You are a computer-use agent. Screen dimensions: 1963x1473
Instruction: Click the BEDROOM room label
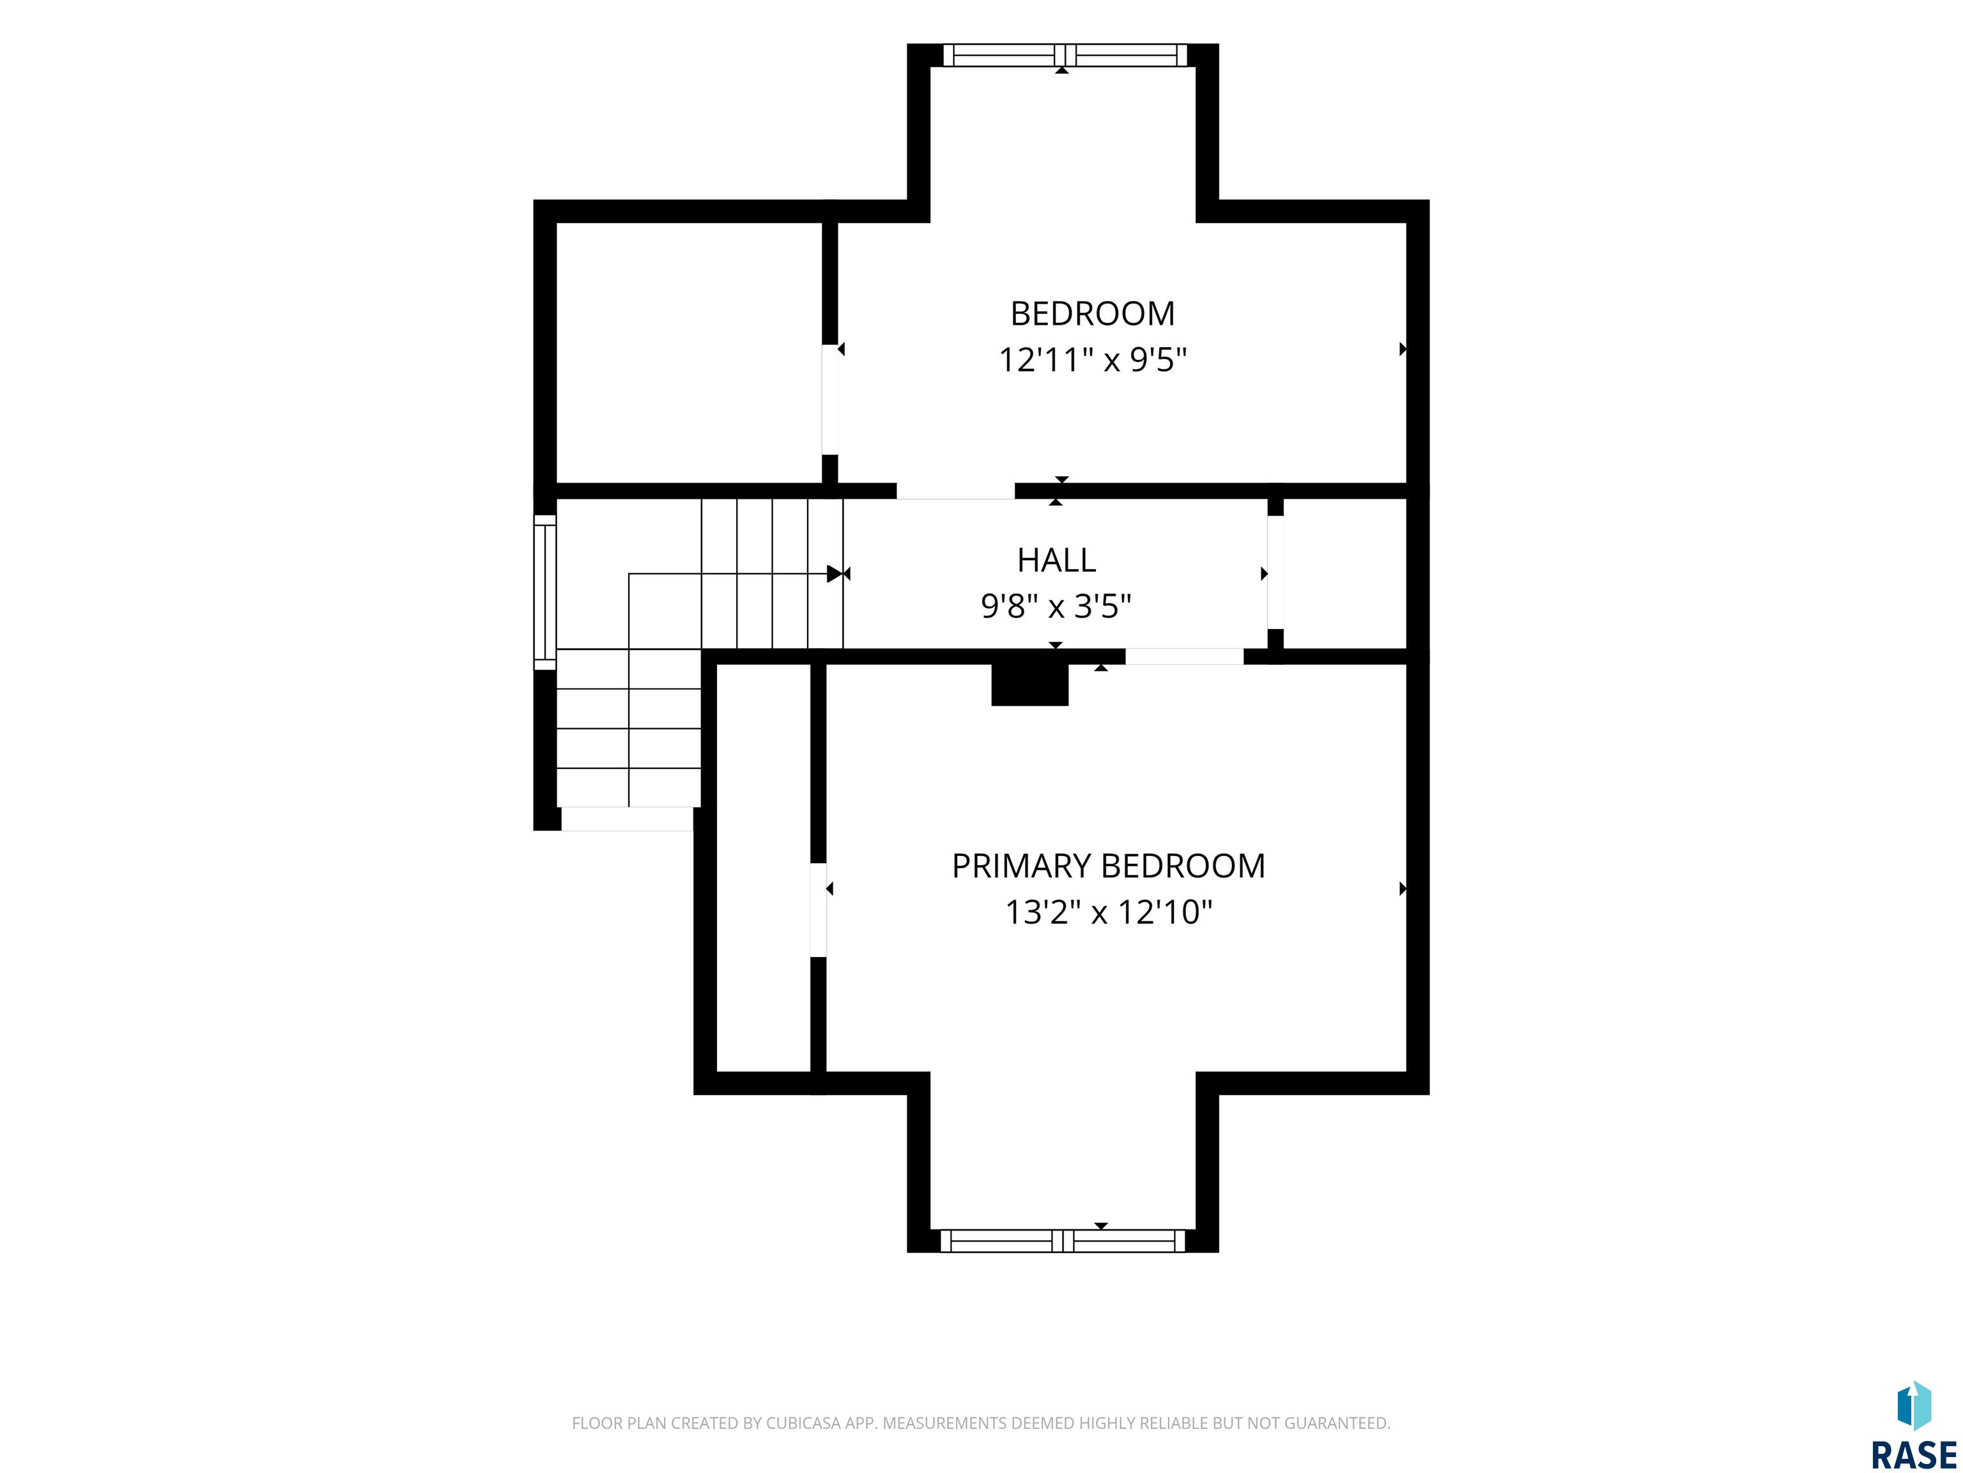click(1093, 313)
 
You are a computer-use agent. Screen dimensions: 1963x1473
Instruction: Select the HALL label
click(1056, 560)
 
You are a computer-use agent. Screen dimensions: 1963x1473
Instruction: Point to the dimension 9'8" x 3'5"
click(1056, 607)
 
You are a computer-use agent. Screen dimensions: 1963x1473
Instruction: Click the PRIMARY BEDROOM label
click(1109, 866)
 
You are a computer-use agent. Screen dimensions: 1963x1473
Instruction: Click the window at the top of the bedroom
click(1064, 55)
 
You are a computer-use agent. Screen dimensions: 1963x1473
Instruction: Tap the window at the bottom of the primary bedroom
click(1062, 1240)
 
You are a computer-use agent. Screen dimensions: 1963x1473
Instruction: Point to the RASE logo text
click(1913, 1454)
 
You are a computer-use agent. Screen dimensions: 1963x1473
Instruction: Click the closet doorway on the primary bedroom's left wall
click(818, 910)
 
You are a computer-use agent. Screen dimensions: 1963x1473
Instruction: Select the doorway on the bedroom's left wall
click(830, 400)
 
